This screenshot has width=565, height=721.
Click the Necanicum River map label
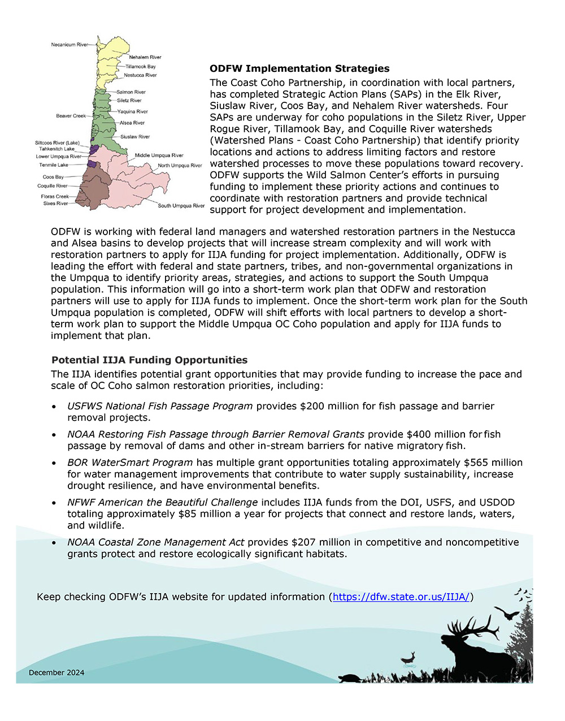69,44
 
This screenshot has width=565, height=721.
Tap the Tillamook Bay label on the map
140,66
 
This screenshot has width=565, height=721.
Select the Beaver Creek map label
71,116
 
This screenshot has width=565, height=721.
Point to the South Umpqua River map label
181,206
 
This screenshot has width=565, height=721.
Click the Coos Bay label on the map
53,177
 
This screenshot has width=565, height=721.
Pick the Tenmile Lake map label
53,165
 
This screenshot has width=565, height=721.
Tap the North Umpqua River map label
180,166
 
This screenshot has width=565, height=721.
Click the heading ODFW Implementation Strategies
299,68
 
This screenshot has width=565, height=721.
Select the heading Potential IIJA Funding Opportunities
149,360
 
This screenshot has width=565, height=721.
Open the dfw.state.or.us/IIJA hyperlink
401,597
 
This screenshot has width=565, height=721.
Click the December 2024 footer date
56,672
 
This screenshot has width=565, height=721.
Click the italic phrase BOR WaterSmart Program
130,463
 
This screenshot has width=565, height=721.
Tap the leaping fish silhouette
408,658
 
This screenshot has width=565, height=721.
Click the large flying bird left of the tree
507,612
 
